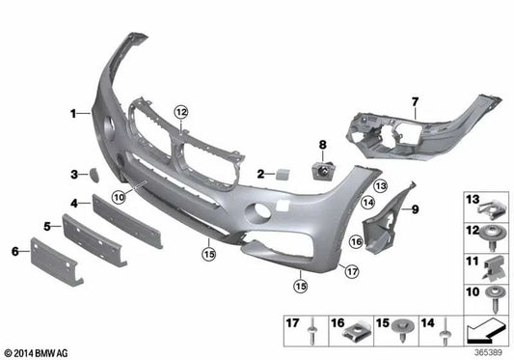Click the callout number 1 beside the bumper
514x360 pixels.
[72, 114]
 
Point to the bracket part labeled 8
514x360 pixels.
[321, 171]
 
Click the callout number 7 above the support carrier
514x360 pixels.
[415, 99]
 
